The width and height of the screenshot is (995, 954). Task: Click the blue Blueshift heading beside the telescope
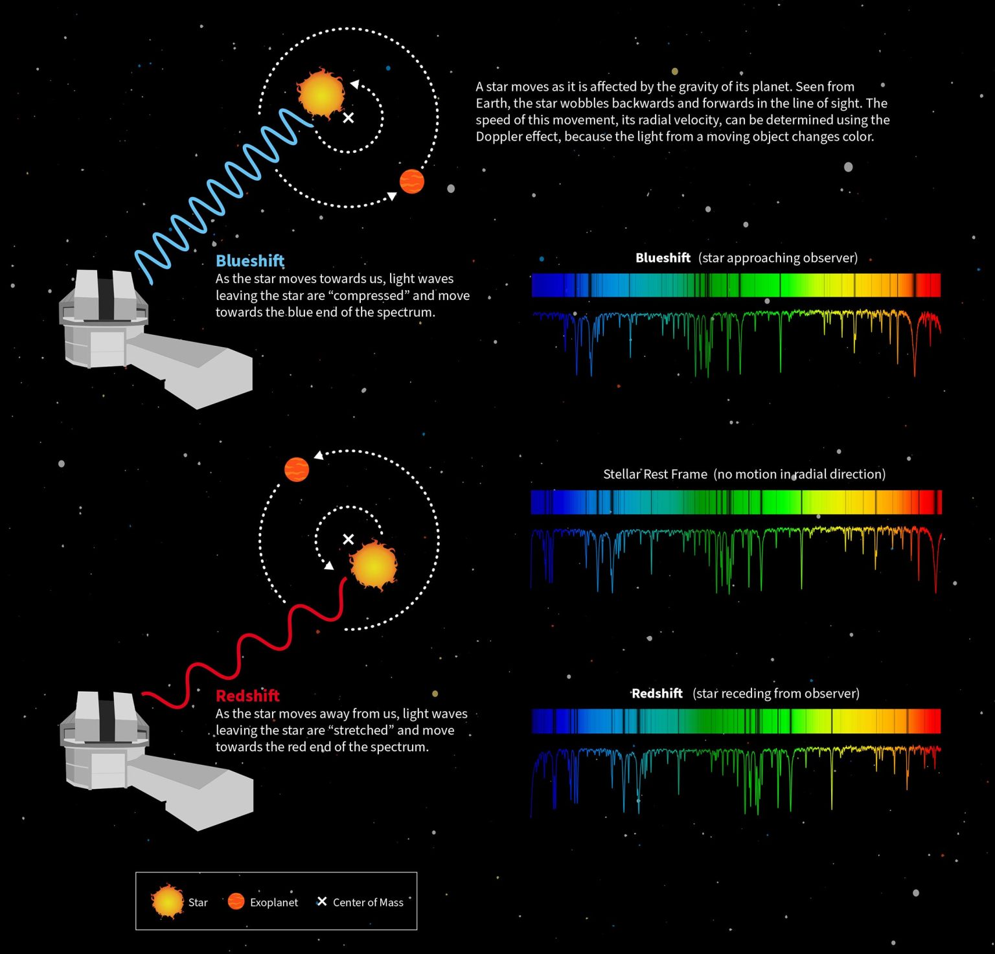(249, 261)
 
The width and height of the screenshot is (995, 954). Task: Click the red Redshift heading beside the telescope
(247, 696)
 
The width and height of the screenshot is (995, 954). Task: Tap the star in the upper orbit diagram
(321, 94)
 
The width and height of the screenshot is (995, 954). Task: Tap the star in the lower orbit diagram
(373, 564)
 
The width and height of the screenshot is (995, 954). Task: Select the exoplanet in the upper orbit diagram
(412, 181)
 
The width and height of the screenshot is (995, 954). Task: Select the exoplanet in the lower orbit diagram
(297, 470)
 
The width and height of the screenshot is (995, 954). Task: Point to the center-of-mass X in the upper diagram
(349, 117)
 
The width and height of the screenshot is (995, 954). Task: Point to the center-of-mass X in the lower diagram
(349, 539)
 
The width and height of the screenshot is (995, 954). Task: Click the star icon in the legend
(168, 902)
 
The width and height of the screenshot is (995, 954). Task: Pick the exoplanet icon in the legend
(236, 902)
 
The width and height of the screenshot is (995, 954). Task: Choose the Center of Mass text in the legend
(368, 902)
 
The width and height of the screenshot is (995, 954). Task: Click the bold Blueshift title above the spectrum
(663, 258)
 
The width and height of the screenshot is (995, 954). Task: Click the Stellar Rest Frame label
(655, 474)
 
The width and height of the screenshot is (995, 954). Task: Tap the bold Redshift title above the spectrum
(657, 694)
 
